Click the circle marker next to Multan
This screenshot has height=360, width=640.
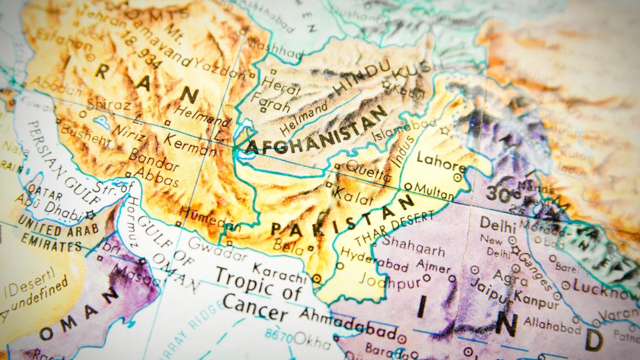click(408, 187)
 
